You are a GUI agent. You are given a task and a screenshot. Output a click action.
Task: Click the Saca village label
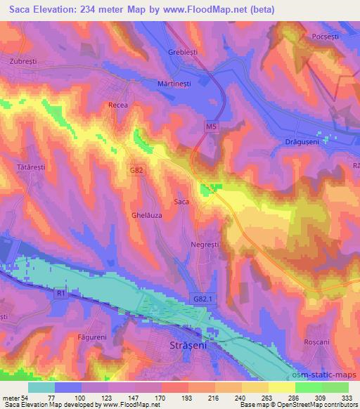[181, 202]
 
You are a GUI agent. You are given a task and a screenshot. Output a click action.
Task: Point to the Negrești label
[205, 245]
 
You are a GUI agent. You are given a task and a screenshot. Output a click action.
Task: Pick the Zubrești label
[23, 61]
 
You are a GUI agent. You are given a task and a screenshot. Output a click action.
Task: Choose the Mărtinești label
[176, 82]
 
